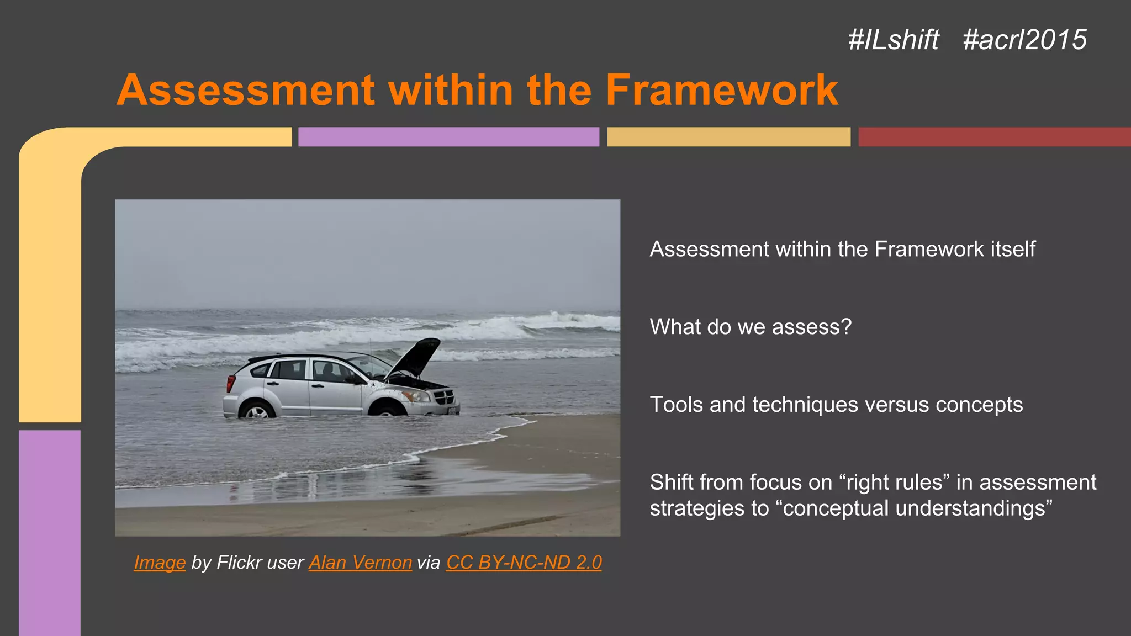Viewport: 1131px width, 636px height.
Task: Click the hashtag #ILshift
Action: pyautogui.click(x=893, y=40)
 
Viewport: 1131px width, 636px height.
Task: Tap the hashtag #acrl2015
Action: pyautogui.click(x=1024, y=40)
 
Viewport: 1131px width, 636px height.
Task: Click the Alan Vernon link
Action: pyautogui.click(x=360, y=562)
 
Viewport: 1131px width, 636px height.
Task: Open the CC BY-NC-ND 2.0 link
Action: pyautogui.click(x=524, y=562)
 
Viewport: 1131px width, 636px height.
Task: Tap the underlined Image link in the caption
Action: pyautogui.click(x=160, y=562)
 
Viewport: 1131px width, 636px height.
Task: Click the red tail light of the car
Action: pyautogui.click(x=231, y=383)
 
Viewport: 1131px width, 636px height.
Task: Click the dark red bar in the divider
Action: pyautogui.click(x=994, y=137)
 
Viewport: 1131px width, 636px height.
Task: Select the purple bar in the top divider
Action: pyautogui.click(x=448, y=137)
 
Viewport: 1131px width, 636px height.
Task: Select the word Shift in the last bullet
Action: pyautogui.click(x=671, y=483)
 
